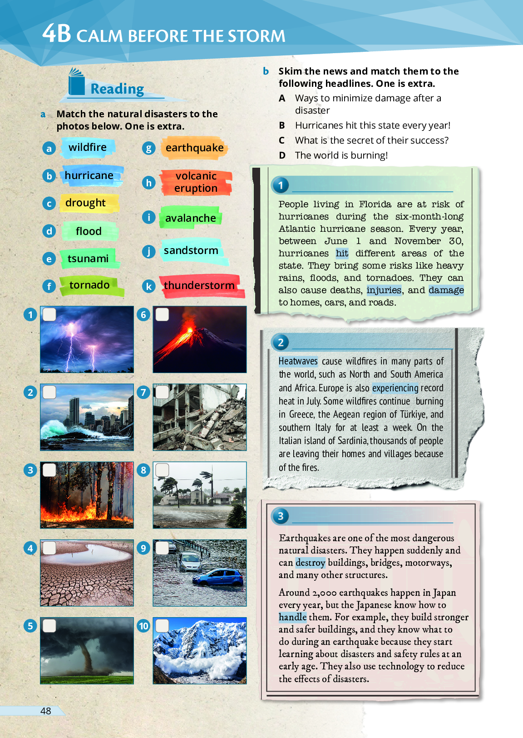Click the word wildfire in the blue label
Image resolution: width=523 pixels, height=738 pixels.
tap(88, 147)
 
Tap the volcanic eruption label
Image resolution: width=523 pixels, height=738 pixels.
tap(196, 182)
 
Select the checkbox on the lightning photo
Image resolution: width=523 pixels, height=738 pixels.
tap(49, 314)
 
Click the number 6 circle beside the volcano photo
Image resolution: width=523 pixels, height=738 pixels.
tap(143, 314)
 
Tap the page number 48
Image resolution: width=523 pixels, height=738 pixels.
tap(46, 711)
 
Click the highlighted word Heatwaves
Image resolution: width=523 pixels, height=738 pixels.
tap(298, 361)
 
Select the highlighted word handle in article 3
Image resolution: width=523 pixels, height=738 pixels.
tap(292, 617)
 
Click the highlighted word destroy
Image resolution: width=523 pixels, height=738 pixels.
tap(311, 563)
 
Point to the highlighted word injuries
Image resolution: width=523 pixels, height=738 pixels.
tap(384, 290)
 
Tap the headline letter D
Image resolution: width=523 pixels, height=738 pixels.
tap(282, 155)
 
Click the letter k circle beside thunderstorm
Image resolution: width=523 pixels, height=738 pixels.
tap(148, 286)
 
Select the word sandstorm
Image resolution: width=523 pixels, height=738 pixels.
tap(191, 250)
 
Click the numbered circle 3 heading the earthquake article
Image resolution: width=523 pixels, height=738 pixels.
tap(281, 516)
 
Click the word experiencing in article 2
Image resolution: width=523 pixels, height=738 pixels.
tap(395, 388)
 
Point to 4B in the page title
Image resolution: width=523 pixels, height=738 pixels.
tap(57, 34)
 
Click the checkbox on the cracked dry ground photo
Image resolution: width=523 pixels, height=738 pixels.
tap(49, 548)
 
